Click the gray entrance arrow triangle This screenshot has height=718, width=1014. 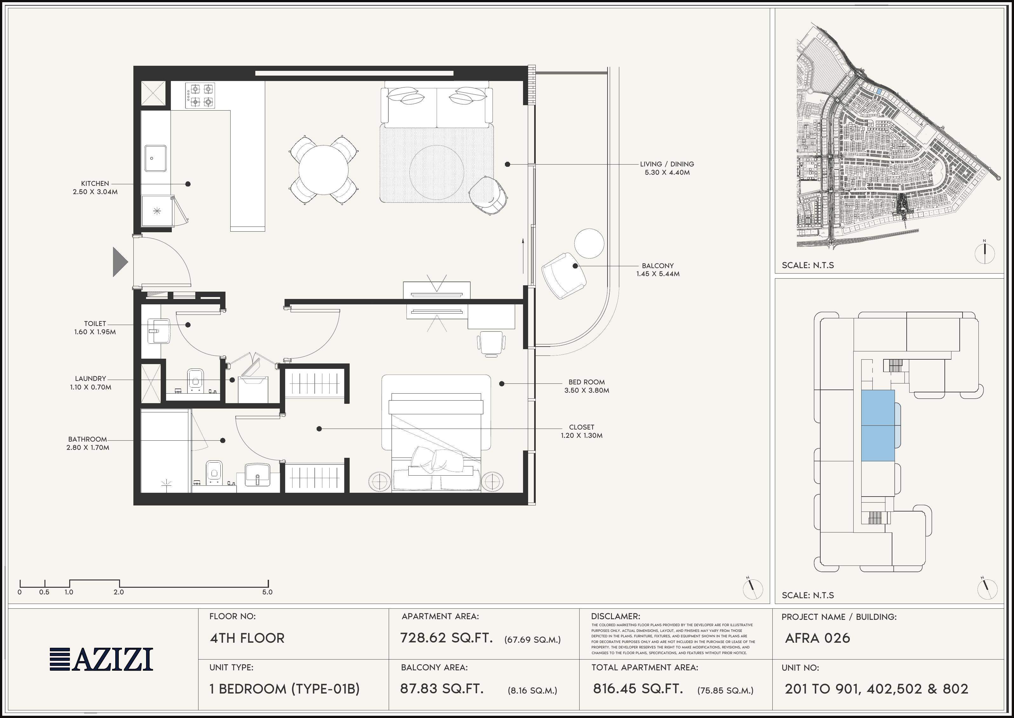tap(119, 262)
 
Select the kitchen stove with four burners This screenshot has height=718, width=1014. tap(200, 96)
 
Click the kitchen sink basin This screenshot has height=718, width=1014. tap(156, 158)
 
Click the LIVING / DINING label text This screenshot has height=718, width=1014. tap(667, 164)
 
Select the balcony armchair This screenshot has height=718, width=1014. tap(563, 276)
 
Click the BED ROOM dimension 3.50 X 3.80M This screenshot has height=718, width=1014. tap(586, 390)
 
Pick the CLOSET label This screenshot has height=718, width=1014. tap(581, 427)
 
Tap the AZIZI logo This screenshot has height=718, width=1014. tap(101, 659)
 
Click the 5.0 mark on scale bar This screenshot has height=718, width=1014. tap(267, 592)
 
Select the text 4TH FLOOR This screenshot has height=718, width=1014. tap(247, 638)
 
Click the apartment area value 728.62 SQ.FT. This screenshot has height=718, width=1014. tap(446, 638)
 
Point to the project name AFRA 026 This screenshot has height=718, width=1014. tap(817, 638)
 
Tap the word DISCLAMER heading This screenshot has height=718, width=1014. tap(615, 616)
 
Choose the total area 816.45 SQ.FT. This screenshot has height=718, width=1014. tap(638, 688)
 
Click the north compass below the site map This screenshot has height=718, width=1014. tap(984, 253)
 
